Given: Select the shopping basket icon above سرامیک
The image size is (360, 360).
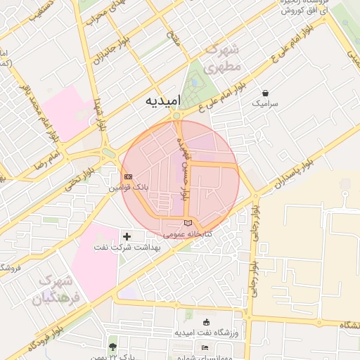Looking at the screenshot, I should click(x=265, y=93).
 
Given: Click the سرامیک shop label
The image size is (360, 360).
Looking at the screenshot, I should click(x=265, y=103).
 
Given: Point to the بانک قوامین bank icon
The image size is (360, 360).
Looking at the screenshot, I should click(x=128, y=176).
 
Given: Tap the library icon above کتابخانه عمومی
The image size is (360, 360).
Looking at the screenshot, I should click(x=186, y=223).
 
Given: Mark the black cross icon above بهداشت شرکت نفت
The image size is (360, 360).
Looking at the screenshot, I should click(x=127, y=237).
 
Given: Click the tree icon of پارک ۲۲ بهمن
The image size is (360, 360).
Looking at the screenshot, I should click(x=112, y=346).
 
